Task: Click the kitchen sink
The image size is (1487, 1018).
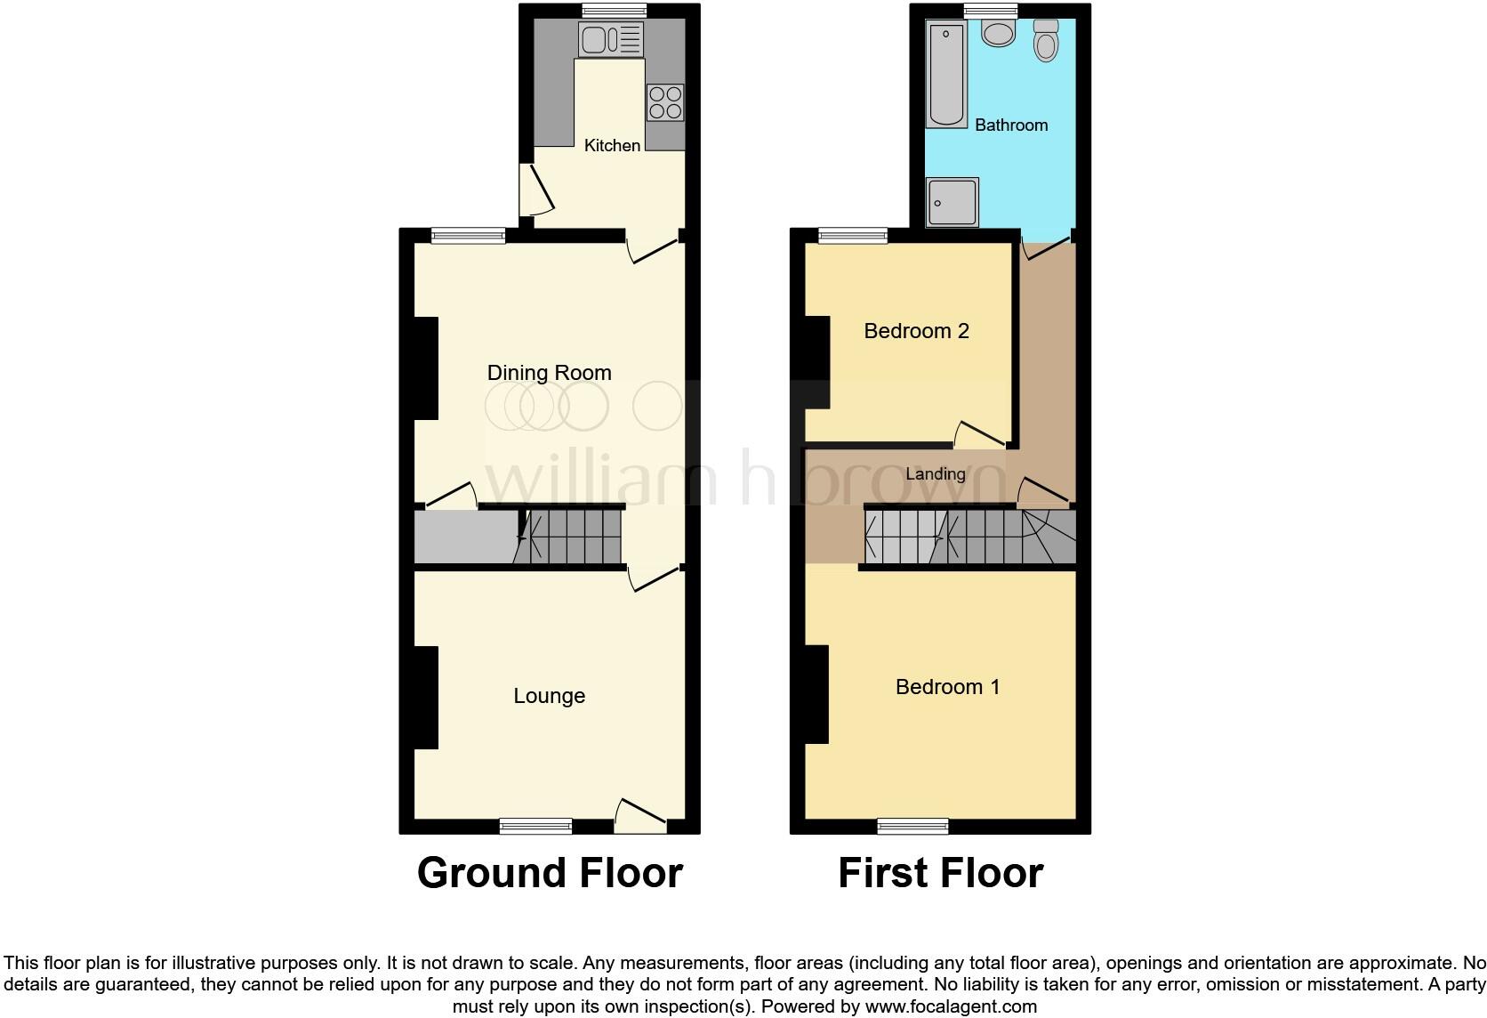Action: click(610, 39)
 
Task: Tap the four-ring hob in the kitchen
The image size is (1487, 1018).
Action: click(665, 101)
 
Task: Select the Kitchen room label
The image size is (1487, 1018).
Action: click(612, 145)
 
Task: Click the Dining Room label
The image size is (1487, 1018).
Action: click(549, 373)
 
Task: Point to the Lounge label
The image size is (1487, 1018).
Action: click(549, 696)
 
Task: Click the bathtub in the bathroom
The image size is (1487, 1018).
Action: click(946, 76)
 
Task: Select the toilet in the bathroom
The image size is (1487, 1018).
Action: click(1046, 41)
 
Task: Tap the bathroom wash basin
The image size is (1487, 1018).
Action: click(1000, 34)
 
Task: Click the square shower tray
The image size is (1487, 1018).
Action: click(952, 202)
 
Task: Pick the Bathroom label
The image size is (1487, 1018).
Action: click(1011, 125)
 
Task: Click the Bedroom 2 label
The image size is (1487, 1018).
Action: click(916, 331)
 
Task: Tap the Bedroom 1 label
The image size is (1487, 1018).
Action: click(947, 687)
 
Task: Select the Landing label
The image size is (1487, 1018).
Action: click(935, 474)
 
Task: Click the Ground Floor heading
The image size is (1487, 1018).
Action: click(550, 873)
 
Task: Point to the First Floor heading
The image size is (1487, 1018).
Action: click(940, 873)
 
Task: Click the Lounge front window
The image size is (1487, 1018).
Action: click(535, 826)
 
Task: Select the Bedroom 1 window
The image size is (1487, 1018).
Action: click(912, 826)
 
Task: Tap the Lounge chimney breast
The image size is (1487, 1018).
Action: click(426, 698)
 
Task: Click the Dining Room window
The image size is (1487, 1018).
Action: click(469, 236)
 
